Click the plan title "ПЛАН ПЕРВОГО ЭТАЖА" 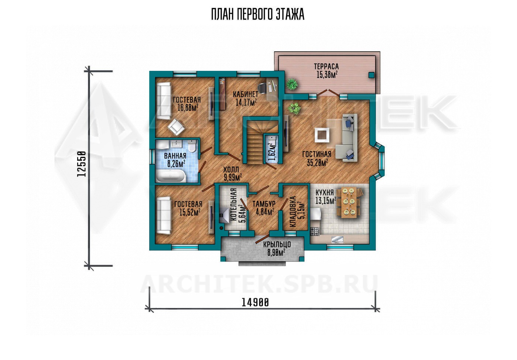tap(258, 15)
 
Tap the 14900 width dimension tap(255, 302)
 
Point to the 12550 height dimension tap(82, 164)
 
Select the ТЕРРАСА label tap(326, 66)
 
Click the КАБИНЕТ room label tap(245, 94)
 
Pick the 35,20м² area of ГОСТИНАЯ tap(317, 163)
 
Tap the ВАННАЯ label tap(175, 156)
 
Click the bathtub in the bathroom tap(171, 176)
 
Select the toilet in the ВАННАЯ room tap(192, 146)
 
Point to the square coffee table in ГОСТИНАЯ tap(322, 135)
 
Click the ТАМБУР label tap(264, 204)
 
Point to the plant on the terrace tap(292, 84)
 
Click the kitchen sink tap(338, 239)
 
